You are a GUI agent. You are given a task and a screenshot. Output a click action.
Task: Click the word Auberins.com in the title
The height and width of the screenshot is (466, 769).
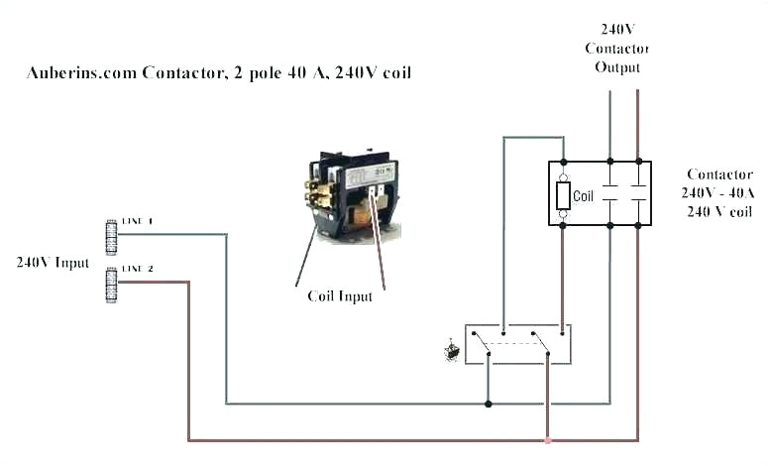pyautogui.click(x=80, y=73)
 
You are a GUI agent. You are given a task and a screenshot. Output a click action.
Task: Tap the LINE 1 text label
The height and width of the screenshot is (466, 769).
pyautogui.click(x=137, y=221)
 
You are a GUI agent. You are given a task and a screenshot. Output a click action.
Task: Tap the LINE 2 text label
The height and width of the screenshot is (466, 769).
pyautogui.click(x=137, y=269)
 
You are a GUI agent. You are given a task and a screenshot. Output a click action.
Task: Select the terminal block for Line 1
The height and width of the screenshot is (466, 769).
pyautogui.click(x=111, y=235)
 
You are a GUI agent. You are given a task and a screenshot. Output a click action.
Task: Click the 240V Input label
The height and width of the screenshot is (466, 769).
pyautogui.click(x=52, y=263)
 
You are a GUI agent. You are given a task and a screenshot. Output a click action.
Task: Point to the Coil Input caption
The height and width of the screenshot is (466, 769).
pyautogui.click(x=340, y=295)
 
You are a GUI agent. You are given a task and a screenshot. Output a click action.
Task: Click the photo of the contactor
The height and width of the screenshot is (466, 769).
pyautogui.click(x=355, y=192)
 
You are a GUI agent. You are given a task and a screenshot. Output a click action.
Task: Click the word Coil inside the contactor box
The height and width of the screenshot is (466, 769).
pyautogui.click(x=584, y=196)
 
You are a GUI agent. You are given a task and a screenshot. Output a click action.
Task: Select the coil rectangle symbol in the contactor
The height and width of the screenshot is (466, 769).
pyautogui.click(x=563, y=195)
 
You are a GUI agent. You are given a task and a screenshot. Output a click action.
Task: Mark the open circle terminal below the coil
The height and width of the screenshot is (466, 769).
pyautogui.click(x=563, y=213)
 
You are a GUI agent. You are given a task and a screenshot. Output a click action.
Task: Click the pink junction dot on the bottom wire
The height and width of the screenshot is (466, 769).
pyautogui.click(x=547, y=440)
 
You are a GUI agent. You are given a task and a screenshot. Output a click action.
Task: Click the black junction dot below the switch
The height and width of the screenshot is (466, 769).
pyautogui.click(x=488, y=404)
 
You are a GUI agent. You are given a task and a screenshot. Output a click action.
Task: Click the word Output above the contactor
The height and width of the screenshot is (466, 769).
pyautogui.click(x=617, y=67)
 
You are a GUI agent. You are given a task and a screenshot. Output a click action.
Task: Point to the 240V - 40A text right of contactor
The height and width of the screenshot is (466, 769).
pyautogui.click(x=717, y=192)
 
